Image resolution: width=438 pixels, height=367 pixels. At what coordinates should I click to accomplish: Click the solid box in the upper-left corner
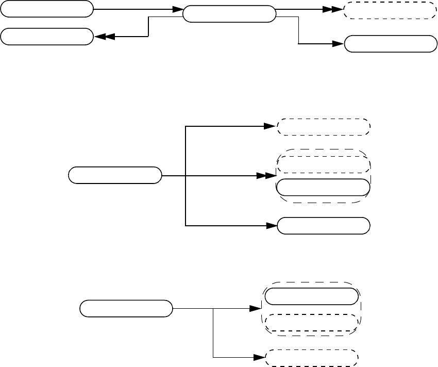(x=47, y=9)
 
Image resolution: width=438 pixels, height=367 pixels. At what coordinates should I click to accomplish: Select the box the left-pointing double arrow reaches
(x=47, y=37)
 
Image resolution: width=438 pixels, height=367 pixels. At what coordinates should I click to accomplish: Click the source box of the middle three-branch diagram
(x=115, y=175)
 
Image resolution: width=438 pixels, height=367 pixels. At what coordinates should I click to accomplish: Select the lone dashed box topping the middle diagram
(x=324, y=127)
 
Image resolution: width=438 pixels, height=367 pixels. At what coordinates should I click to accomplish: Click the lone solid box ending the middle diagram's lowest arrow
(x=324, y=225)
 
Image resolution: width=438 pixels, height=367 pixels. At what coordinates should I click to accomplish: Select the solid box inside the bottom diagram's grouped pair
(x=311, y=296)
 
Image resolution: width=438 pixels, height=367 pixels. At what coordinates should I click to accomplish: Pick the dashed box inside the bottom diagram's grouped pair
(x=311, y=323)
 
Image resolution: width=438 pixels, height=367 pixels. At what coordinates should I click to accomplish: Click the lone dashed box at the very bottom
(x=311, y=357)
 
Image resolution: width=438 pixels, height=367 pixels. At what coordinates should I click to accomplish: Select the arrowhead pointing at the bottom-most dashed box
(x=259, y=357)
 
